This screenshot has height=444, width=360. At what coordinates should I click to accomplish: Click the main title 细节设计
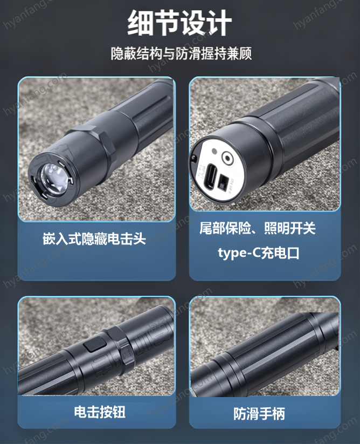[179, 23]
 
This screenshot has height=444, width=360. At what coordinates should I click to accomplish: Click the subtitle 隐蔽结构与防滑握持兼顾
[181, 53]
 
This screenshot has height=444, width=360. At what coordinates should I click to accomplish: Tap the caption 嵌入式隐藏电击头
[94, 238]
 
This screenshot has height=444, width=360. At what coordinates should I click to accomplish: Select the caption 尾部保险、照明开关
[258, 228]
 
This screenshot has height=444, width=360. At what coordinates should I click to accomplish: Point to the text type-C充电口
[259, 252]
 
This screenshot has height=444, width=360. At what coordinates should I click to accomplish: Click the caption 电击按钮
[100, 412]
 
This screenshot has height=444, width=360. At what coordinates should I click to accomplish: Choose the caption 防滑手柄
[259, 414]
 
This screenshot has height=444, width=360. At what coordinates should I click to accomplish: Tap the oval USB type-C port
[211, 175]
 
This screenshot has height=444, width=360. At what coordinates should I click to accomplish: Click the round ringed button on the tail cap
[227, 158]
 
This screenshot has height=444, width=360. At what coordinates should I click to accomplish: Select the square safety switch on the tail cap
[224, 182]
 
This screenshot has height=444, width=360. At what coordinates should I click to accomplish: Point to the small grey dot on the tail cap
[214, 151]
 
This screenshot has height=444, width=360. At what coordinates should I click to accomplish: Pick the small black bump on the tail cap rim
[193, 158]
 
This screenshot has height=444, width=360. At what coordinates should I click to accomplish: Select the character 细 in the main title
[140, 23]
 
